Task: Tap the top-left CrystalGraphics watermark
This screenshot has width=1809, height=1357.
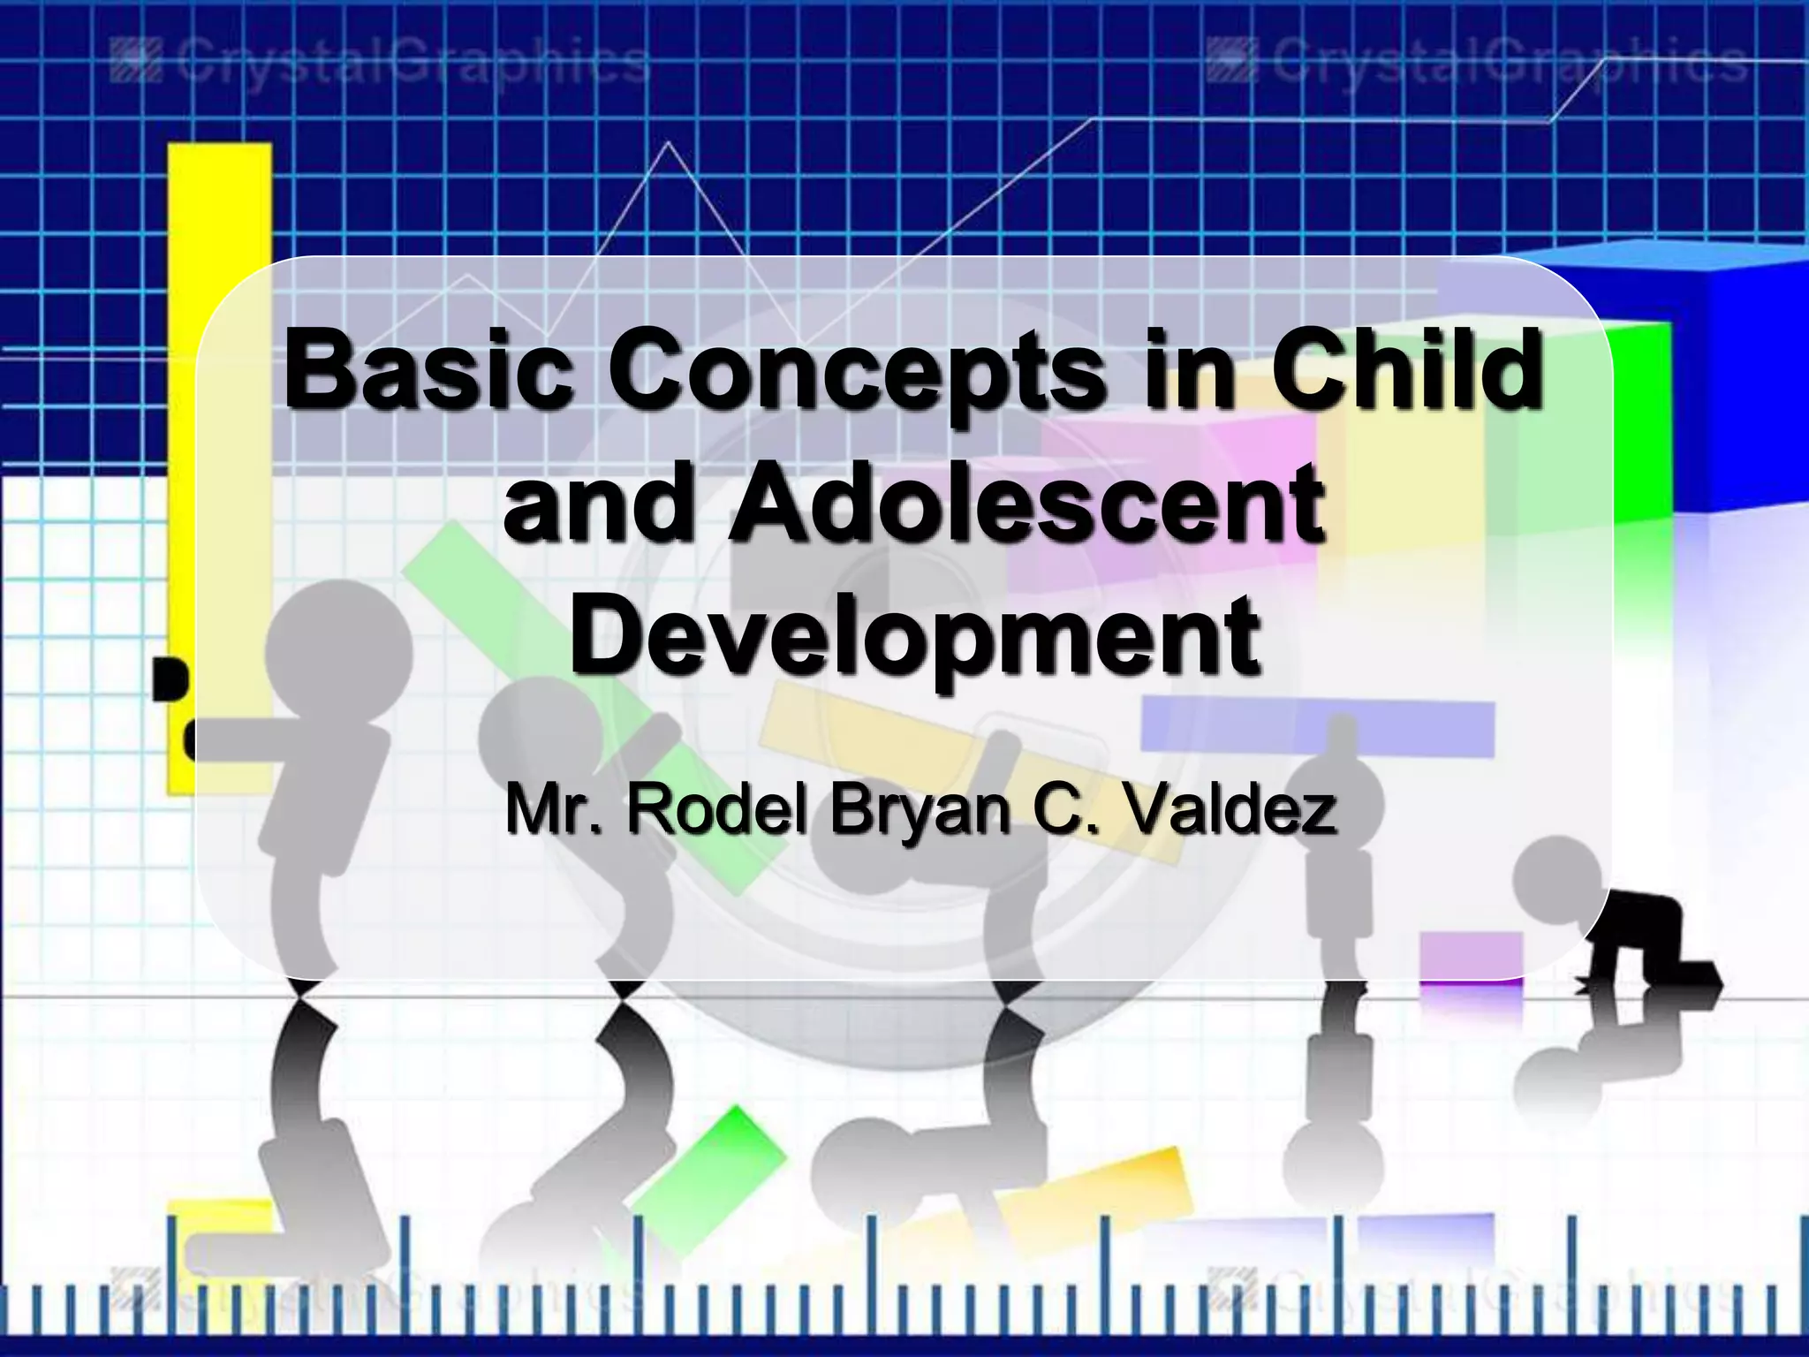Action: pyautogui.click(x=381, y=64)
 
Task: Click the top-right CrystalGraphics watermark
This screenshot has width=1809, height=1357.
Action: pyautogui.click(x=1476, y=64)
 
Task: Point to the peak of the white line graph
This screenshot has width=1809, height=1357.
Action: pyautogui.click(x=669, y=143)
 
